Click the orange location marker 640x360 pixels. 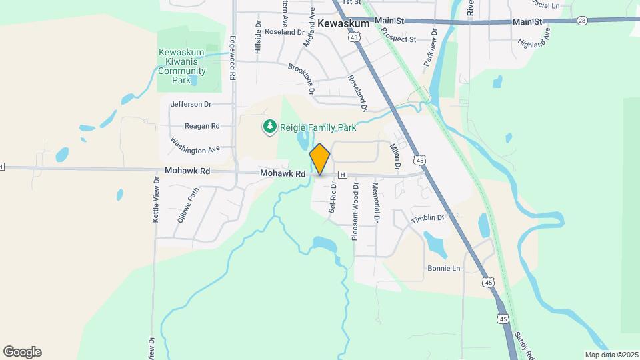320,159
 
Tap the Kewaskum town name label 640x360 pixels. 343,23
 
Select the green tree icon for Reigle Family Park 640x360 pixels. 269,127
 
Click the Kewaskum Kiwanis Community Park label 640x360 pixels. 181,67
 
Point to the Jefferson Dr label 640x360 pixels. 191,104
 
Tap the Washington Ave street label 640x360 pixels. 195,145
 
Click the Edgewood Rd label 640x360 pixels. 233,58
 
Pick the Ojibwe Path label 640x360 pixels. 189,204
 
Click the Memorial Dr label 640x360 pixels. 375,203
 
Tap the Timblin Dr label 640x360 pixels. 427,218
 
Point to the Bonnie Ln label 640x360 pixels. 443,268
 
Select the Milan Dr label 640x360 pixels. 394,156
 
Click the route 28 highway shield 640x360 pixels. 582,21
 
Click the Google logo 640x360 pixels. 22,352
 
